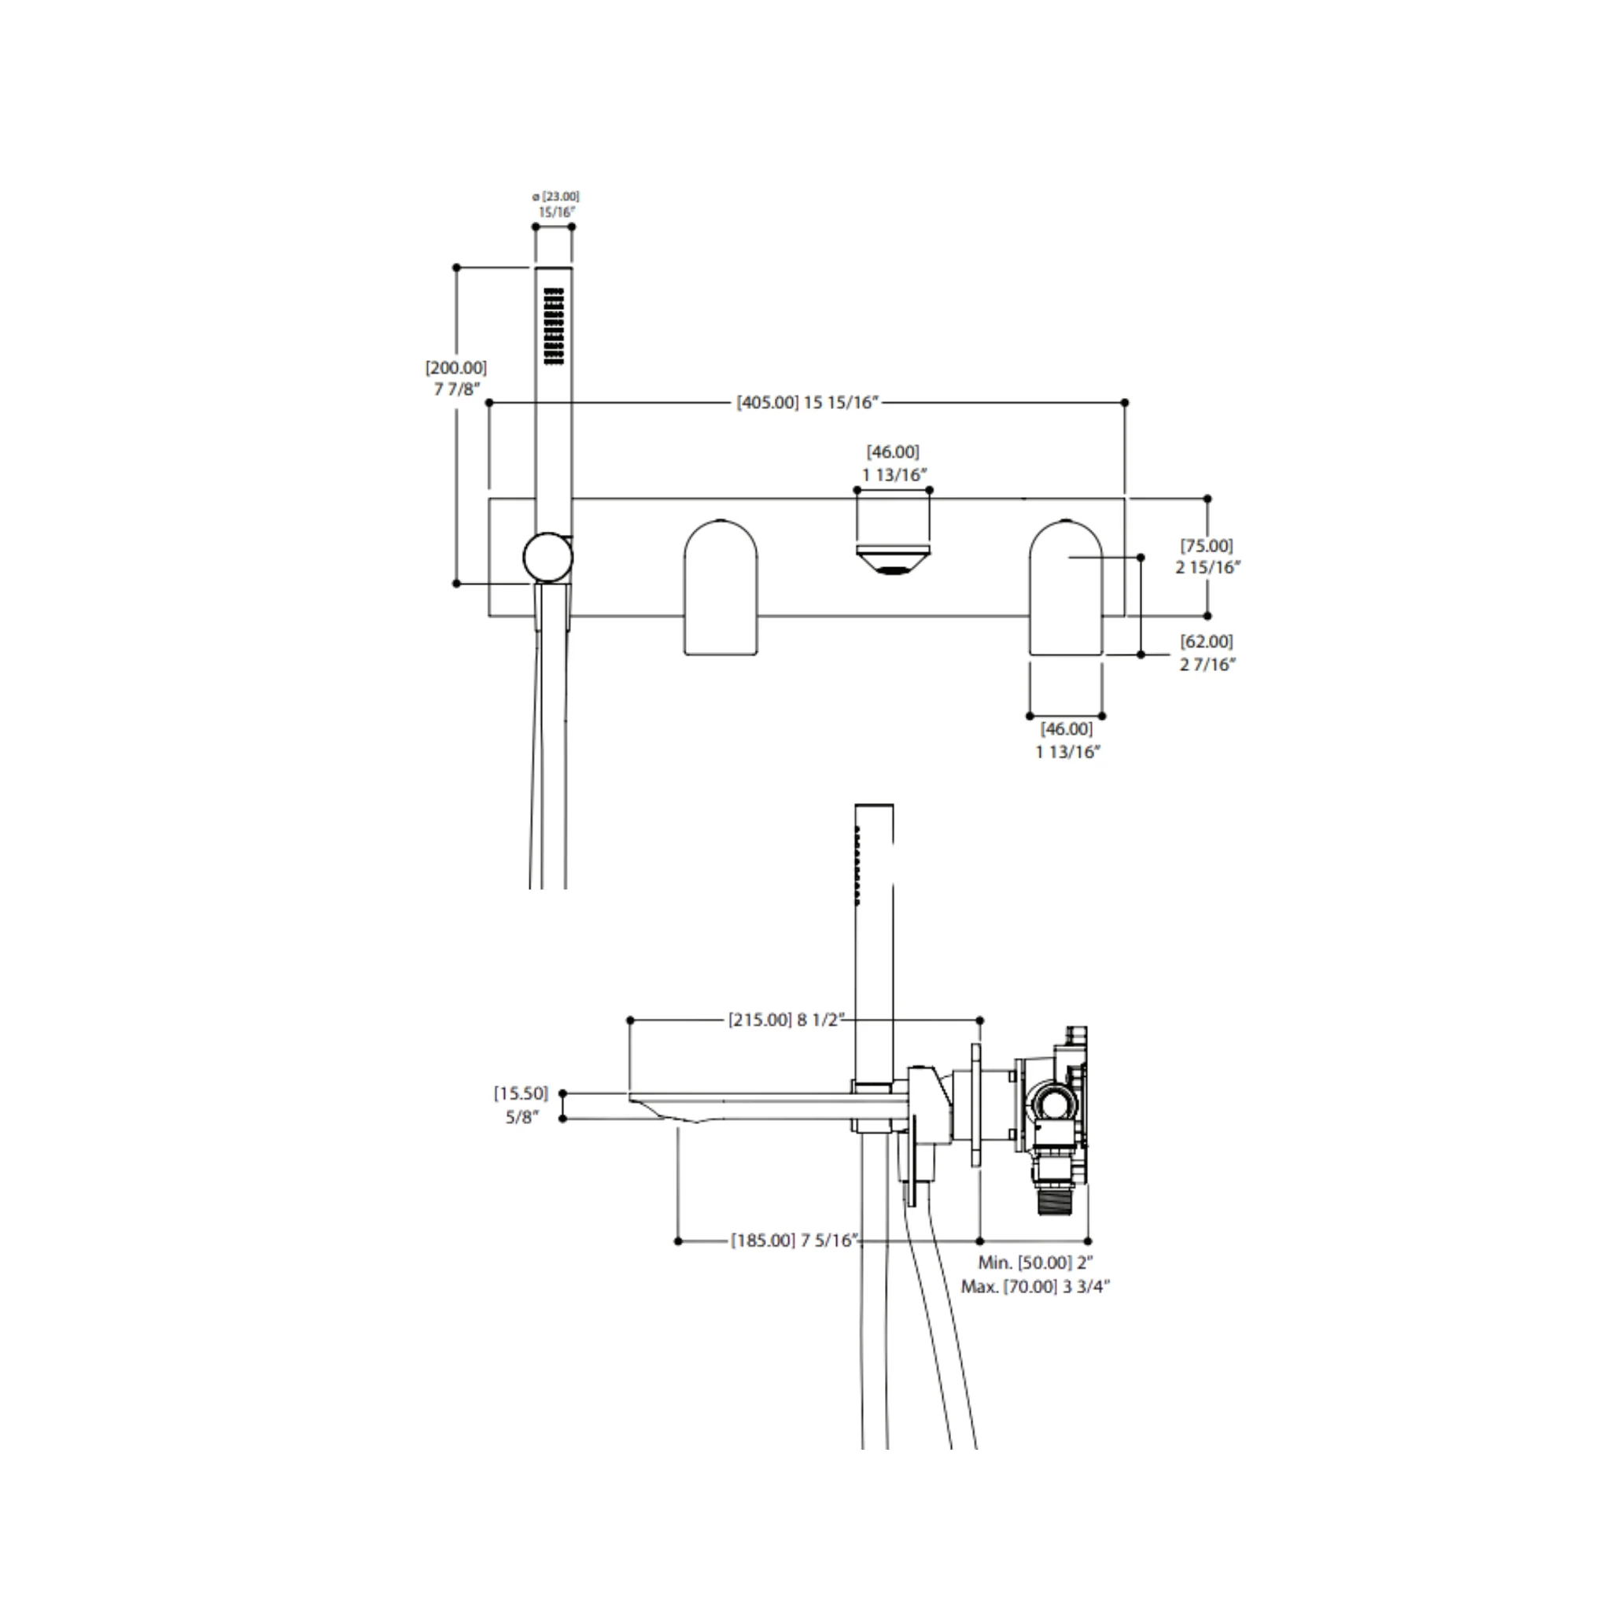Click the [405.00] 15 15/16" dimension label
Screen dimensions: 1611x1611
(x=807, y=403)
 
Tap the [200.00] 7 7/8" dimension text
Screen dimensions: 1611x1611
(x=456, y=378)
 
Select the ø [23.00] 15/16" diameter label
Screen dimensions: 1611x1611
(x=556, y=205)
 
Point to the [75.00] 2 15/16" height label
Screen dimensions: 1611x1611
(x=1207, y=556)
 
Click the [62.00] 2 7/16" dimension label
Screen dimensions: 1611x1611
(x=1207, y=653)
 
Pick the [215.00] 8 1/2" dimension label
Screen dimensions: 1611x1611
(x=787, y=1019)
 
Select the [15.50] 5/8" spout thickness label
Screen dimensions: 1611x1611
(x=522, y=1105)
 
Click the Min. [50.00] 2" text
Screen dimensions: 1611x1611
(x=1036, y=1263)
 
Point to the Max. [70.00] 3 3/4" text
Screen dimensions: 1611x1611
(x=1036, y=1287)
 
